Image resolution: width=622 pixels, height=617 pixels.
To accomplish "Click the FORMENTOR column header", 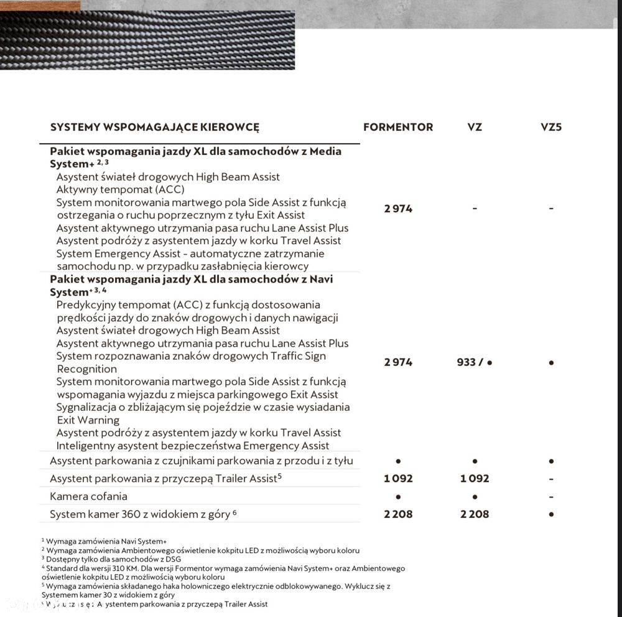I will pos(398,127).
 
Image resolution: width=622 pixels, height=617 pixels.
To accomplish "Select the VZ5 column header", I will pos(551,127).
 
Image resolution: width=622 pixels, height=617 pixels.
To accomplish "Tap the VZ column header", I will pos(475,127).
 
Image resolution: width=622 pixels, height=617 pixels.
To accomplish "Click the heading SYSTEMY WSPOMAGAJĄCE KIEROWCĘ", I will pos(155,127).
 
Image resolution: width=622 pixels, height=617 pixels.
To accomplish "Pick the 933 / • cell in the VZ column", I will pos(475,362).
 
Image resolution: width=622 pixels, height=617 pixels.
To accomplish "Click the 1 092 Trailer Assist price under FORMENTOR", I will pos(398,479).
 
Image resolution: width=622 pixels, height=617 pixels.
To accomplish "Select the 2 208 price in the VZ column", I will pos(475,514).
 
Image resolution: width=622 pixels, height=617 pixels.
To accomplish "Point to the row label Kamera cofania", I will pos(88,496).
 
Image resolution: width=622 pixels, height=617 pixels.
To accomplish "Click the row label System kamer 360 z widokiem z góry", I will pos(141,514).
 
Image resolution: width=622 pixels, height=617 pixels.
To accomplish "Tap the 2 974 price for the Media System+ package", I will pos(398,209).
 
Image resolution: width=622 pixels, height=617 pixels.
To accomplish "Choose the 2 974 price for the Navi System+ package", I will pos(398,362).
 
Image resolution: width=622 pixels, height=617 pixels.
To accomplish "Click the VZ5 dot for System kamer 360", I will pos(552,514).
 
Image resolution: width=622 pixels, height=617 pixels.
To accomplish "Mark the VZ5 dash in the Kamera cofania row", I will pos(552,497).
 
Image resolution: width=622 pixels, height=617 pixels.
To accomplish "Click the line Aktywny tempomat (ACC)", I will pos(120,190).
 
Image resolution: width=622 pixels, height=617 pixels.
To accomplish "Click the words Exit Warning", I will pos(88,420).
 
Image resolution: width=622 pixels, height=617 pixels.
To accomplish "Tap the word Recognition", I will pos(86,369).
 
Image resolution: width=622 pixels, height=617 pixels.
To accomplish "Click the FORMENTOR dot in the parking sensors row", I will pos(398,461).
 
